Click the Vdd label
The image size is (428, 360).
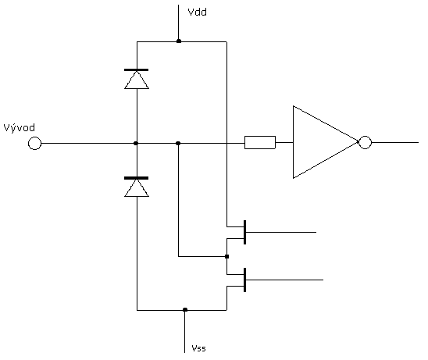tap(197, 12)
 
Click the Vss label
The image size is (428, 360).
tap(198, 348)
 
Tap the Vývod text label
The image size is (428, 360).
tap(19, 128)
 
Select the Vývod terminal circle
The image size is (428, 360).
tap(34, 143)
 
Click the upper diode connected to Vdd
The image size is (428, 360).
tap(137, 79)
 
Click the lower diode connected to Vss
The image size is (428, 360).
tap(137, 187)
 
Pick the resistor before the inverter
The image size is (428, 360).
tap(260, 142)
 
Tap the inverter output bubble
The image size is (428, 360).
tap(365, 142)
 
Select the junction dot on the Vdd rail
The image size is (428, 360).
tap(179, 41)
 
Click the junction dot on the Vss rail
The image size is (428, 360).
tap(185, 309)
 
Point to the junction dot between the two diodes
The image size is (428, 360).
tap(136, 143)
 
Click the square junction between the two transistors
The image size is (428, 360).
tap(226, 257)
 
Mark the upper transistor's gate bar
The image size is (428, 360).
tap(244, 232)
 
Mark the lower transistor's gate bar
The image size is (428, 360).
tap(244, 280)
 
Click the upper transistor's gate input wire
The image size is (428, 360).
tap(281, 232)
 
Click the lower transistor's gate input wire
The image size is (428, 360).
tap(285, 280)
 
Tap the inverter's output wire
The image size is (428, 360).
tap(394, 142)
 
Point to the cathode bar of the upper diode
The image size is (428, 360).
tap(136, 70)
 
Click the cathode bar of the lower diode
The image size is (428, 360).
tap(136, 178)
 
